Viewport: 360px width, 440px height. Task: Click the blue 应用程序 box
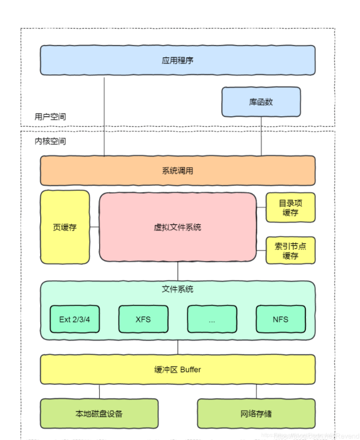[x=177, y=59]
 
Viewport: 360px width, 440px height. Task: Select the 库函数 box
[x=261, y=102]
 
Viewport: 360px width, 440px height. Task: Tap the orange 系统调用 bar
[x=177, y=170]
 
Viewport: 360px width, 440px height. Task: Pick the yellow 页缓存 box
[x=65, y=227]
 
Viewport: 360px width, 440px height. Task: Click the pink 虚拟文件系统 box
[x=177, y=227]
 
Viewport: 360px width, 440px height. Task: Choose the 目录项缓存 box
[x=290, y=208]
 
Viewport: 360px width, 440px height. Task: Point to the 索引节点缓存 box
[x=290, y=251]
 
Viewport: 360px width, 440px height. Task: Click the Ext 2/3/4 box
[x=74, y=319]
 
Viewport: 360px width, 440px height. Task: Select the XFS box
[x=143, y=319]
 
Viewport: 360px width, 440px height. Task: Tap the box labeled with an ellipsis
[x=212, y=319]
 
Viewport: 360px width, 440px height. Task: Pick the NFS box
[x=280, y=319]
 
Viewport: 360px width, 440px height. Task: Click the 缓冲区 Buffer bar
[x=177, y=369]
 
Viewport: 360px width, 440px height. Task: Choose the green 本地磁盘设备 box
[x=99, y=413]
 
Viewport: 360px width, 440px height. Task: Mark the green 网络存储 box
[x=256, y=413]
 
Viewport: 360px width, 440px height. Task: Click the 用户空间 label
[x=50, y=116]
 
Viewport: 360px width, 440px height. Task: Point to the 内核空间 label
[x=50, y=141]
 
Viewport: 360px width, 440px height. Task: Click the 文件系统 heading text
[x=177, y=289]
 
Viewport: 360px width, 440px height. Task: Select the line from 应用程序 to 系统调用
[x=104, y=115]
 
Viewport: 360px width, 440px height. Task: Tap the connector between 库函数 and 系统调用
[x=261, y=136]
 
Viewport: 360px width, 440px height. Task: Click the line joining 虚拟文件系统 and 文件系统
[x=178, y=271]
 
